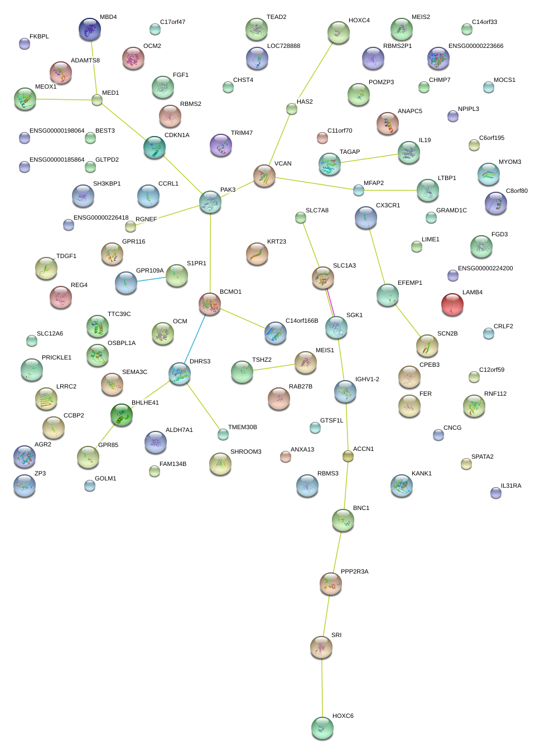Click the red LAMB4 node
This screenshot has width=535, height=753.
pyautogui.click(x=452, y=304)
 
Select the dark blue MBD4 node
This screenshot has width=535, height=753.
pyautogui.click(x=90, y=29)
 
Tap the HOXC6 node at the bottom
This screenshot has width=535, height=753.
pyautogui.click(x=322, y=728)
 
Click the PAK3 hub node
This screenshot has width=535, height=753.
pyautogui.click(x=210, y=202)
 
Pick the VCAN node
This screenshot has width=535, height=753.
pyautogui.click(x=264, y=176)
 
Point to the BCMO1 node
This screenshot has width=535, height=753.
pyautogui.click(x=210, y=304)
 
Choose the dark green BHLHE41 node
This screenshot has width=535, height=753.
pyautogui.click(x=121, y=415)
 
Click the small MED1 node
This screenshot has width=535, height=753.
pyautogui.click(x=97, y=100)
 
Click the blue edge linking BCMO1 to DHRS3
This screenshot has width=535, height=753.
pyautogui.click(x=195, y=339)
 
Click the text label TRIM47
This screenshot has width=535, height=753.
pyautogui.click(x=242, y=133)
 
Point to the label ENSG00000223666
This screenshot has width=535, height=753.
pyautogui.click(x=476, y=46)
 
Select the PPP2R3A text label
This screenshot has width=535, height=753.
pyautogui.click(x=354, y=572)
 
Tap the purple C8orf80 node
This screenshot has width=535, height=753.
pyautogui.click(x=495, y=203)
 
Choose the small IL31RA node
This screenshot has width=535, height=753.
pyautogui.click(x=495, y=492)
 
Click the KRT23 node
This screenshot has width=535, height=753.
pyautogui.click(x=257, y=254)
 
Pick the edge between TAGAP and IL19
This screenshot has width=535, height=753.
pyautogui.click(x=369, y=158)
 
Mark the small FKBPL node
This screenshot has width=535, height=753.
pyautogui.click(x=25, y=43)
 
